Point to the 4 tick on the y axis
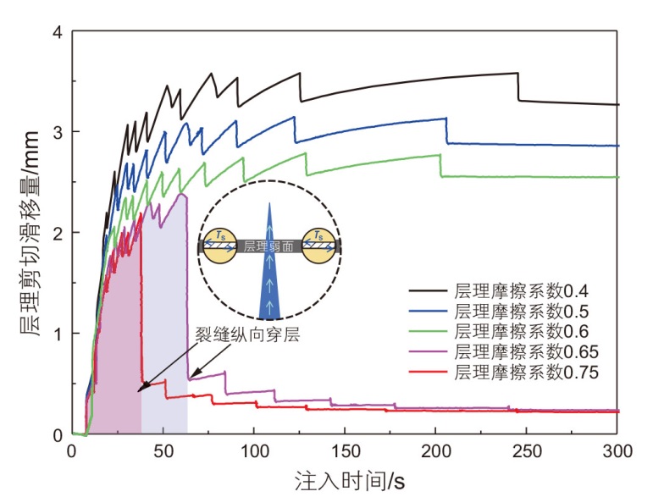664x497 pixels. (58, 32)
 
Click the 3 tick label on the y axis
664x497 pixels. (58, 133)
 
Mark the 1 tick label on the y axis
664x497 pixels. (58, 334)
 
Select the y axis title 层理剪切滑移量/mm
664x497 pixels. (24, 233)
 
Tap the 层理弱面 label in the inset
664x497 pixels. (268, 247)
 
